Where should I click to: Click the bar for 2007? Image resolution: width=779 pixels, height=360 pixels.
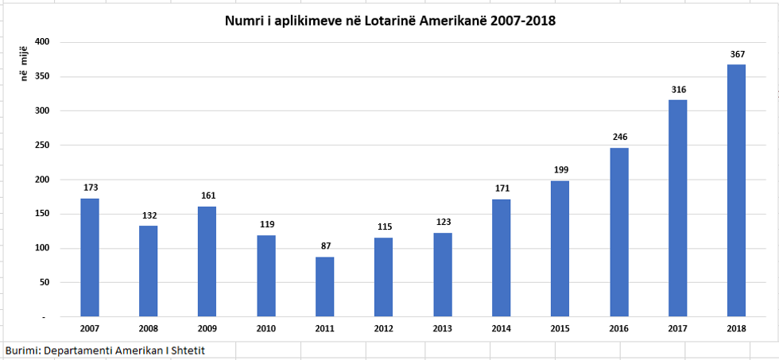click(x=90, y=257)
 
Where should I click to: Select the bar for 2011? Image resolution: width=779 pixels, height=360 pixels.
click(x=325, y=286)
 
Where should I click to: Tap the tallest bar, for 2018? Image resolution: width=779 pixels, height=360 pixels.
click(x=737, y=191)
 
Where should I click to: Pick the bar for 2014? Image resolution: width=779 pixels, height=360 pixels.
click(x=502, y=257)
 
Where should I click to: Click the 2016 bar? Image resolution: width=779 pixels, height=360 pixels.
click(x=619, y=232)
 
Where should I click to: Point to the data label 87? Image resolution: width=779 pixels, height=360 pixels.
click(x=325, y=246)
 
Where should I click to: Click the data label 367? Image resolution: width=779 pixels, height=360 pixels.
click(x=737, y=54)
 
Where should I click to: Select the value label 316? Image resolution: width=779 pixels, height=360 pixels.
click(x=678, y=89)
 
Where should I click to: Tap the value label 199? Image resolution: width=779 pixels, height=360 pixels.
click(x=560, y=169)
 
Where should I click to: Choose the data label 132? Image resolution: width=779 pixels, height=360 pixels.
click(x=149, y=215)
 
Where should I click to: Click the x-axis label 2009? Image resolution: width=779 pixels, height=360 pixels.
click(x=207, y=327)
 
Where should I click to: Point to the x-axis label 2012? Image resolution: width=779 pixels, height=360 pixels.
click(x=384, y=327)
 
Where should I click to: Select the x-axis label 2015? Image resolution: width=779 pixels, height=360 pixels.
click(x=560, y=327)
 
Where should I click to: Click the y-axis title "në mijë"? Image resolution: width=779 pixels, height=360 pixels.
click(x=25, y=64)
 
